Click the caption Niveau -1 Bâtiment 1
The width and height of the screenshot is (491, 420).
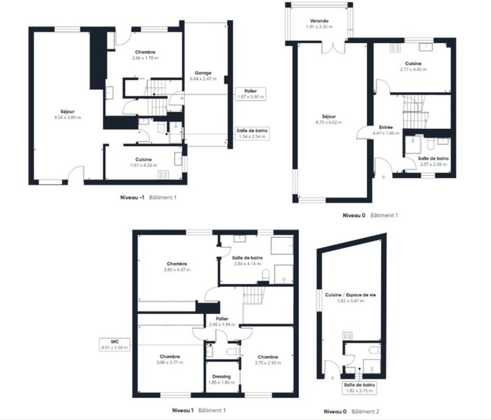click(148, 197)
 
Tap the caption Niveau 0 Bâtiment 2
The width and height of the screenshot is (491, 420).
click(351, 412)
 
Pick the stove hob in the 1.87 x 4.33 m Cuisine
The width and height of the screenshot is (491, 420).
click(163, 174)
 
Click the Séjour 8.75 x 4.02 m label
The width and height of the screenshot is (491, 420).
click(329, 119)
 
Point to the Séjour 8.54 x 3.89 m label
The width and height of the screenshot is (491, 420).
click(68, 114)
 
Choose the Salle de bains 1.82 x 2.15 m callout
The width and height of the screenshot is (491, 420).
click(361, 388)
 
